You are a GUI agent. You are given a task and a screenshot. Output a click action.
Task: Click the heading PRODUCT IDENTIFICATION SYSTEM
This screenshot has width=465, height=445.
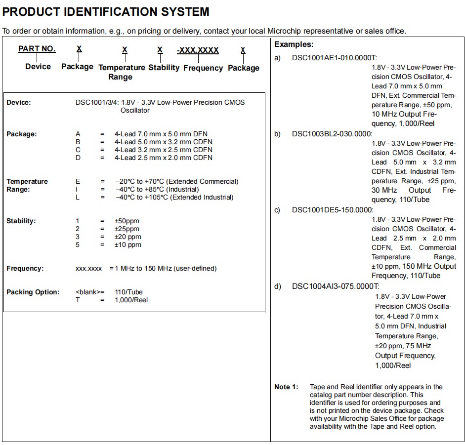106,11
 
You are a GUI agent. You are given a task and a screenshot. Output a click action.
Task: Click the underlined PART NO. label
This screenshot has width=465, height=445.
37,49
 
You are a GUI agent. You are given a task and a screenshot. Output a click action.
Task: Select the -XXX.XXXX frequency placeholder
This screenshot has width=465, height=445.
198,50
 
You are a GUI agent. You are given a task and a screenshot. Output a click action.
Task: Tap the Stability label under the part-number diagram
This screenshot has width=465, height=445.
164,68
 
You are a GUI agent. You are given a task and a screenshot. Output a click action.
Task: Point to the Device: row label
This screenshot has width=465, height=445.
19,103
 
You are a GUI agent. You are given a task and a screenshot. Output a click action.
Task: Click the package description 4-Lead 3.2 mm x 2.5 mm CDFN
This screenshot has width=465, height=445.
163,150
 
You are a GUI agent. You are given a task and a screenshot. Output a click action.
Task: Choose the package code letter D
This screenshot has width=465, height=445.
78,158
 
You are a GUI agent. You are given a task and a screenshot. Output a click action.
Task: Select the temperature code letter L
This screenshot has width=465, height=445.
78,197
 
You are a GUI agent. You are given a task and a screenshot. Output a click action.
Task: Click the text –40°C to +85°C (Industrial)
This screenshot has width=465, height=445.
157,189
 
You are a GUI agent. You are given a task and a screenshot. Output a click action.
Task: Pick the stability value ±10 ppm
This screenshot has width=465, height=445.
127,244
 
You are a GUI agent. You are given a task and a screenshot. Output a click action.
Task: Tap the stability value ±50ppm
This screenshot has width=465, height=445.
127,221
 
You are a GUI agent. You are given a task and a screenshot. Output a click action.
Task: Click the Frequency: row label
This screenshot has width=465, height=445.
25,268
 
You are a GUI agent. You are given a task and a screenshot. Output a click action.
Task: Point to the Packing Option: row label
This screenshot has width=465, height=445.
33,292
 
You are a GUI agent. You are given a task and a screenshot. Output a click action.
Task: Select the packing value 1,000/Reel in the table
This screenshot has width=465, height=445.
131,300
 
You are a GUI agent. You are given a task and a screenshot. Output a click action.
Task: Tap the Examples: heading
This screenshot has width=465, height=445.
294,44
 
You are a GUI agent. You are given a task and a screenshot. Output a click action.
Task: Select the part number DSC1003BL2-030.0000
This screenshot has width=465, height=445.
332,134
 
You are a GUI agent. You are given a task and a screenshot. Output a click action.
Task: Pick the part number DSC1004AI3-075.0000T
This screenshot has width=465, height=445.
336,286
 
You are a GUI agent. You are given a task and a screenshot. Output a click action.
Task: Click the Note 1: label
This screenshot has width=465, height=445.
286,387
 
